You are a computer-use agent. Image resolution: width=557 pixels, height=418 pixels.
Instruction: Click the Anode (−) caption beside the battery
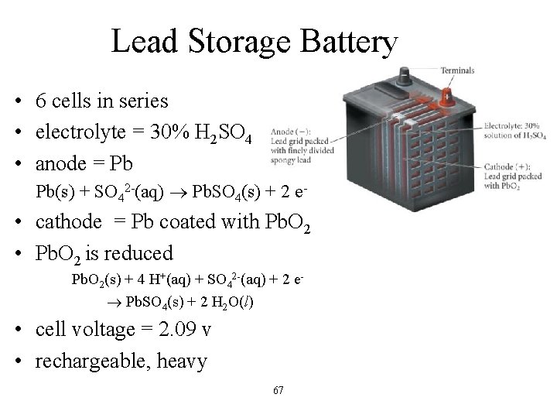tap(287, 131)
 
